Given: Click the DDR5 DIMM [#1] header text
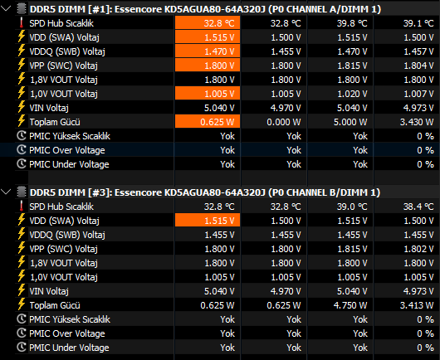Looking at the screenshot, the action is (205, 9).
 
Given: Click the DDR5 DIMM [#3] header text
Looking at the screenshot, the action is (205, 192).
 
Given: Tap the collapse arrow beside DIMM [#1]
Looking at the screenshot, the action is (6, 8).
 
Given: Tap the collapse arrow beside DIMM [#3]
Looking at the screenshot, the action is (6, 192).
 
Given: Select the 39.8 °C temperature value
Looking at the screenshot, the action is (352, 23).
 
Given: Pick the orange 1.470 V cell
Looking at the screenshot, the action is (208, 51).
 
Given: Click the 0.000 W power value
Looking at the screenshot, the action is (283, 122).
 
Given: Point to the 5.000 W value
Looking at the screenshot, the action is (350, 122).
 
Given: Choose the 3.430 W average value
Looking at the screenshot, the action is (417, 122).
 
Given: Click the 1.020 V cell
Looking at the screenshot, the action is (352, 94).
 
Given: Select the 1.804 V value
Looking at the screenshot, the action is (418, 66).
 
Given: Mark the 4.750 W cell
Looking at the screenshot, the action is (350, 305).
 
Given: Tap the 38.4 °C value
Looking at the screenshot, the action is (418, 207).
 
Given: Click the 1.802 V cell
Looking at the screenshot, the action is (418, 249).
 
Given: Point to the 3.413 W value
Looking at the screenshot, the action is (417, 305).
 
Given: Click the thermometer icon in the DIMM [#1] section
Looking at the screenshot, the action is (22, 22).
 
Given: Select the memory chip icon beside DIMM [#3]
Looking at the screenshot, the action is (22, 192).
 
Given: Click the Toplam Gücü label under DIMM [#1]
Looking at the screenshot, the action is (55, 122).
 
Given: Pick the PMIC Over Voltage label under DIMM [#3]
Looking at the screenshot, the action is (67, 333).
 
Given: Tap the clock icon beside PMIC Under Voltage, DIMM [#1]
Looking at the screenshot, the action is (22, 163).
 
